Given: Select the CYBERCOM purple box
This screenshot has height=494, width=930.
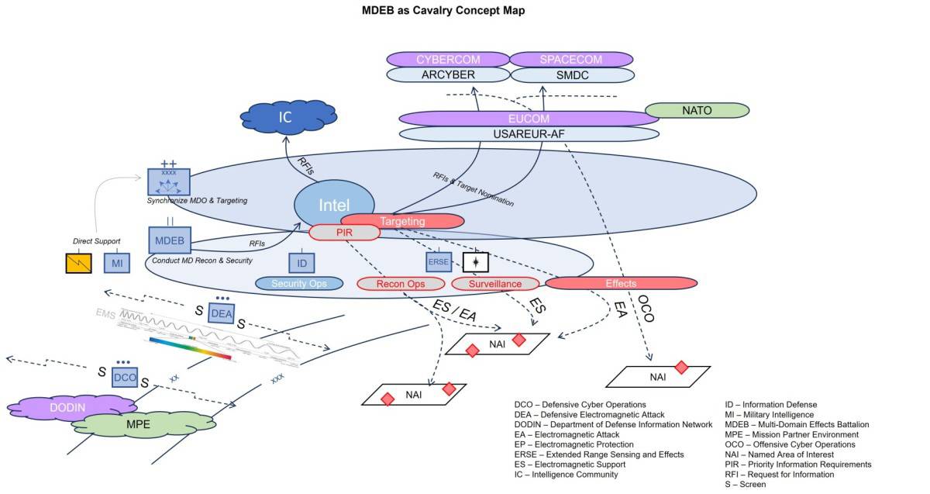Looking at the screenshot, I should coord(447,60).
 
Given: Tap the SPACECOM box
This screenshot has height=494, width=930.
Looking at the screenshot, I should coord(571,60).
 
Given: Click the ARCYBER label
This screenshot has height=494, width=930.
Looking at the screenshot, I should coord(447,75).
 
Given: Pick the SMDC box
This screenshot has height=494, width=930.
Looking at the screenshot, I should coord(571,75).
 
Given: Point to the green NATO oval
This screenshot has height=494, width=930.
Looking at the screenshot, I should coord(697,111).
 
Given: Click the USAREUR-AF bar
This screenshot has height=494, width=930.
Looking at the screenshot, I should coord(529,133).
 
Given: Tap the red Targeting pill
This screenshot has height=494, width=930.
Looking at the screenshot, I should coord(402,221).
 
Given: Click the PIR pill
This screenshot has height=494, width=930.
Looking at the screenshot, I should coord(345,232).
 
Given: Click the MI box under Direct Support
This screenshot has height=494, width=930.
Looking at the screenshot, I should coord(117,264).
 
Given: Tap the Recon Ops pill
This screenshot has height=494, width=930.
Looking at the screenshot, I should coord(400,284).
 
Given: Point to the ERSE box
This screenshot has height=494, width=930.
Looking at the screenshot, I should coord(438,262).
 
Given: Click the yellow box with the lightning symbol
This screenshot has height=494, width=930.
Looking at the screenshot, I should coord(80,264).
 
